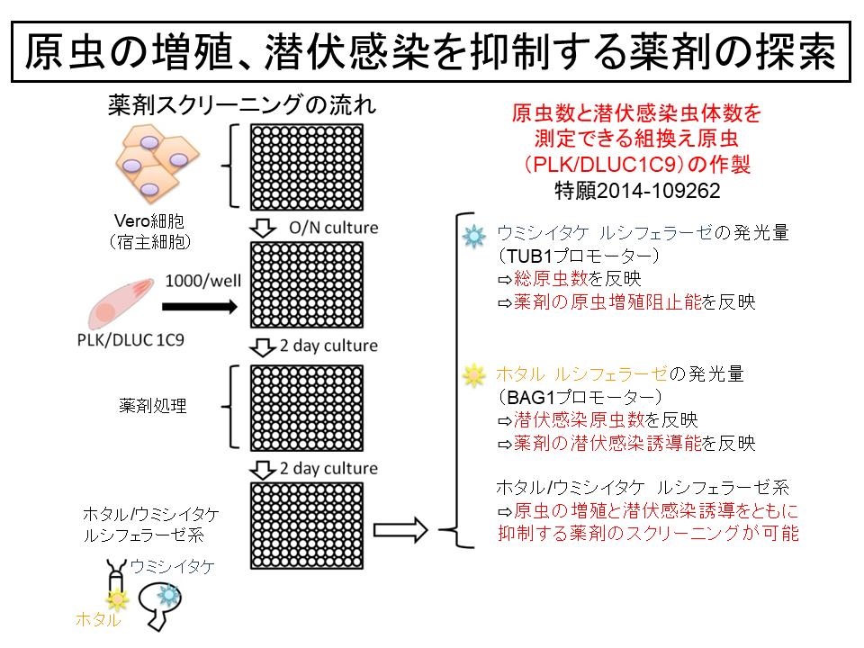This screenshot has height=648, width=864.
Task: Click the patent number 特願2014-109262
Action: click(637, 191)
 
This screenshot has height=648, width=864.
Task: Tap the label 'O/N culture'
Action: click(333, 228)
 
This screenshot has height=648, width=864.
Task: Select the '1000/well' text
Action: click(202, 281)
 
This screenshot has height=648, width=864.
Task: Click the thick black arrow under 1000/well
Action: click(200, 306)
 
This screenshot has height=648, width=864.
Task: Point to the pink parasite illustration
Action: click(121, 302)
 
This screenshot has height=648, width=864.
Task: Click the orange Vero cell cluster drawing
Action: click(157, 163)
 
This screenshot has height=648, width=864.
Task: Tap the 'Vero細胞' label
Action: click(149, 221)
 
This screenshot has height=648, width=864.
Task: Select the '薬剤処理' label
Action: click(153, 406)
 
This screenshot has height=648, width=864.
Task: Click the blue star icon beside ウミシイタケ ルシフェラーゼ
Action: click(474, 236)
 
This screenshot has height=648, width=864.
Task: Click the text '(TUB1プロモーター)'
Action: click(579, 256)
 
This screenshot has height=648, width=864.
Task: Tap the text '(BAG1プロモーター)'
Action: click(580, 397)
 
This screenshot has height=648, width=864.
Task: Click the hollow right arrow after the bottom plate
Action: click(400, 530)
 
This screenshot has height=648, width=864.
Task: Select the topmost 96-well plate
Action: click(307, 167)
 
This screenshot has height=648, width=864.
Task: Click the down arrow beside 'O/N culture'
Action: click(263, 228)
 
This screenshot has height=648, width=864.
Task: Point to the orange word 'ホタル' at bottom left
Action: click(98, 619)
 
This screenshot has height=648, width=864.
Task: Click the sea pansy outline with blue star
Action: click(159, 606)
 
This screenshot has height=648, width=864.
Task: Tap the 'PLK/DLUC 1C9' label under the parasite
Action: click(130, 340)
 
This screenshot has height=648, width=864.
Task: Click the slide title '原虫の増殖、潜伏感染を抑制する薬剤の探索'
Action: click(430, 52)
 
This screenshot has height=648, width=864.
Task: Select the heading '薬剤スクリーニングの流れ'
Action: click(242, 104)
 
